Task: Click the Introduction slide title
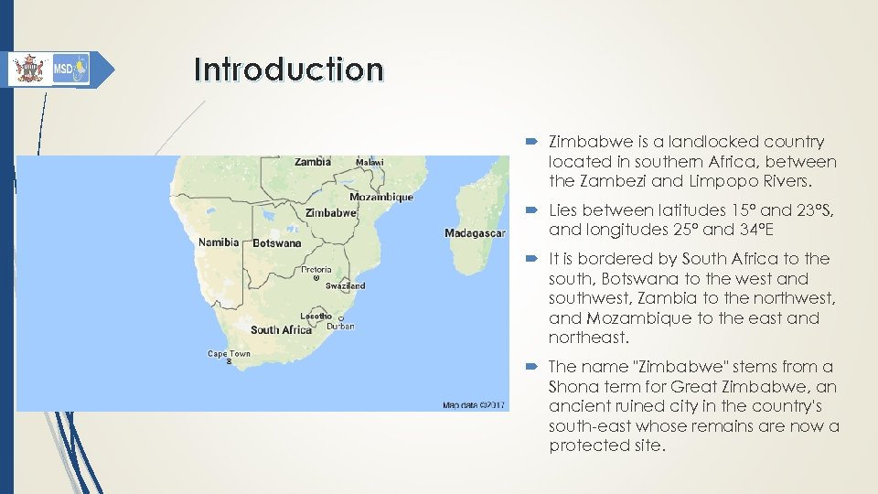[288, 70]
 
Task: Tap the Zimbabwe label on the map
[330, 212]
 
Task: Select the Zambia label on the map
[313, 162]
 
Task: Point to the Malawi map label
[369, 163]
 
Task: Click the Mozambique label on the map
[381, 197]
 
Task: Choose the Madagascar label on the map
[475, 233]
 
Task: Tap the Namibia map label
[219, 242]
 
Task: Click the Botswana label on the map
[276, 243]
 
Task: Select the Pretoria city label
[316, 270]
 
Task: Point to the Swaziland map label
[345, 285]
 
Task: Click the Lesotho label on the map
[316, 316]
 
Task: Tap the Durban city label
[340, 326]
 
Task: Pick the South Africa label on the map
[281, 329]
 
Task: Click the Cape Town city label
[229, 353]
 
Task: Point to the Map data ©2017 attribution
[475, 404]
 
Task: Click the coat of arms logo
[30, 70]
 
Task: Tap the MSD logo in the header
[70, 69]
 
